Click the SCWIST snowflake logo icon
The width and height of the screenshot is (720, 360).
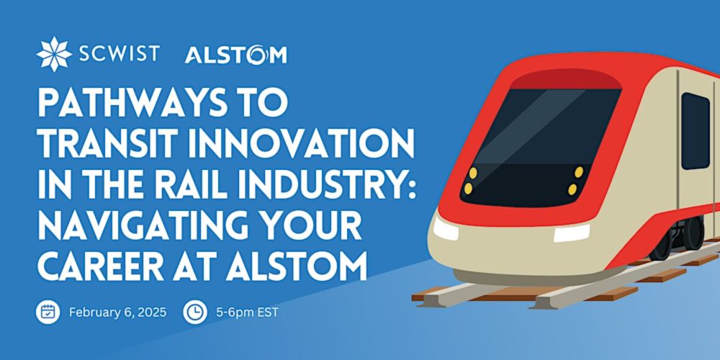[x=54, y=54]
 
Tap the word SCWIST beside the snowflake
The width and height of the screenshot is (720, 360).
[x=119, y=54]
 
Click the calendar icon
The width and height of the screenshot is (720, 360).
[x=48, y=312]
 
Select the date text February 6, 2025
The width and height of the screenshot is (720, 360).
[x=117, y=312]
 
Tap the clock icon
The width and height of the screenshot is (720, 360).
[x=194, y=312]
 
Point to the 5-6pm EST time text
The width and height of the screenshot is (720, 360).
[x=247, y=312]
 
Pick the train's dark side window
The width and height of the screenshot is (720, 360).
[x=696, y=131]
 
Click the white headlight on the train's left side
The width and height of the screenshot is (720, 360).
[x=446, y=228]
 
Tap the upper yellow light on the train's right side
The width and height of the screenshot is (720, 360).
[x=579, y=172]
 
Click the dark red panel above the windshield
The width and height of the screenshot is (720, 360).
[x=566, y=79]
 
